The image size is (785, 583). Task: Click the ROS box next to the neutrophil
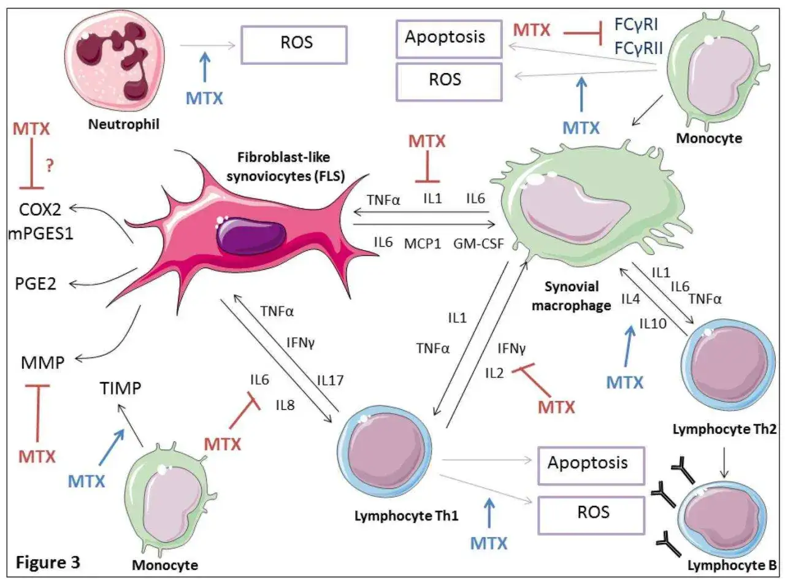click(294, 45)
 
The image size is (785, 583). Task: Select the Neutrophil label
click(123, 124)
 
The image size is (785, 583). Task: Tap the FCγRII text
click(638, 48)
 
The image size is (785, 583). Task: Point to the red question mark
click(50, 165)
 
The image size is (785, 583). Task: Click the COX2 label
click(40, 210)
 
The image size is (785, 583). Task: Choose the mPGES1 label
click(40, 234)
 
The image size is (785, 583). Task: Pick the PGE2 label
click(36, 284)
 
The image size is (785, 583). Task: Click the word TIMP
click(120, 388)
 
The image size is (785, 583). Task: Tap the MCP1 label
click(423, 243)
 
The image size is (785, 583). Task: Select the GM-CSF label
click(478, 243)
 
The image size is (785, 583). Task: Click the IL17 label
click(330, 381)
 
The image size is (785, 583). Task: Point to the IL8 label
click(285, 405)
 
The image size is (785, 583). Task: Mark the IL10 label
click(653, 323)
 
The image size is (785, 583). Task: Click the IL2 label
click(494, 373)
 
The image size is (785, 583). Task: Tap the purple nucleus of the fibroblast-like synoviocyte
click(251, 235)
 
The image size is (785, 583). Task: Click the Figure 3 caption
click(48, 562)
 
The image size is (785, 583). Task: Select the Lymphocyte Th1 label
click(407, 516)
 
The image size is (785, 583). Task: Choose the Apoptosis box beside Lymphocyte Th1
click(591, 465)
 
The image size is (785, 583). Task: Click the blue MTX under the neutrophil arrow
click(204, 98)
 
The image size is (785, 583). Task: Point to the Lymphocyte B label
click(732, 565)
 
